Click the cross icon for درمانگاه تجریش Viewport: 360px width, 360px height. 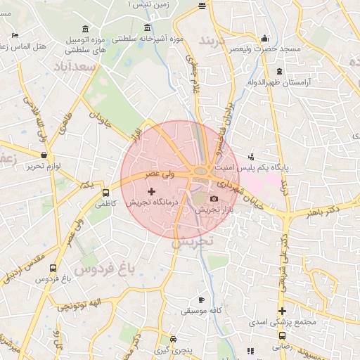tap(151, 191)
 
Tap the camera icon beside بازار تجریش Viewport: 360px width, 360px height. tap(214, 200)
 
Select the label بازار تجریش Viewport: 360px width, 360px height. tap(210, 210)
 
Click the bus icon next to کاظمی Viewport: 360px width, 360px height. tap(106, 193)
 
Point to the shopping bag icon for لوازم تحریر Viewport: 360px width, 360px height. tap(44, 155)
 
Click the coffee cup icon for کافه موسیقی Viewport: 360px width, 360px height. tap(201, 300)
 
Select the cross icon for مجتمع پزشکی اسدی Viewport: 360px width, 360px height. tap(282, 311)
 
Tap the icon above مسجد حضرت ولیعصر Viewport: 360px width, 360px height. tap(264, 39)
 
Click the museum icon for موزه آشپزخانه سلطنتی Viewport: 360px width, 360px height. tap(147, 28)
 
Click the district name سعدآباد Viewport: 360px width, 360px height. tap(75, 67)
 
